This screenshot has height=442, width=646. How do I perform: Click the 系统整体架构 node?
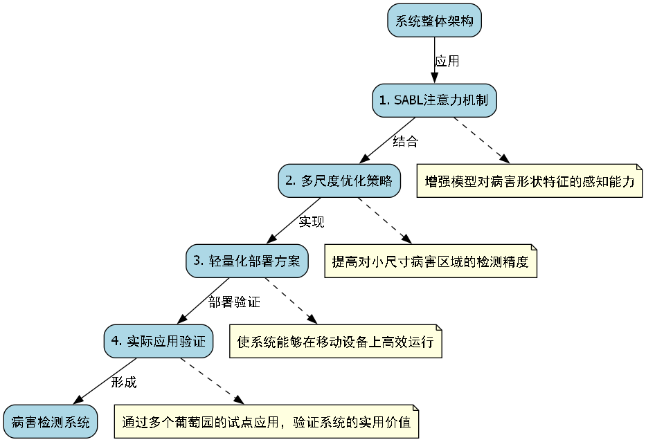pyautogui.click(x=434, y=21)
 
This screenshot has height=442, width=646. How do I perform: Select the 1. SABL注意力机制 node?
pyautogui.click(x=434, y=100)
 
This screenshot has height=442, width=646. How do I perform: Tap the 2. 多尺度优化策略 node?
pyautogui.click(x=339, y=181)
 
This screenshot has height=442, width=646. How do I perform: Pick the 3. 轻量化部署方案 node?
pyautogui.click(x=246, y=261)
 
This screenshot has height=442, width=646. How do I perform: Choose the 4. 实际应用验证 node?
pyautogui.click(x=158, y=341)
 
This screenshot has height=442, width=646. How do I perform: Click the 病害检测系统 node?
pyautogui.click(x=50, y=421)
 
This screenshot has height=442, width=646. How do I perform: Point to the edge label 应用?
pyautogui.click(x=447, y=61)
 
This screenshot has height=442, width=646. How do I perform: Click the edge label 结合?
pyautogui.click(x=405, y=141)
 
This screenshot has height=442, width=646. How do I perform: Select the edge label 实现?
pyautogui.click(x=312, y=221)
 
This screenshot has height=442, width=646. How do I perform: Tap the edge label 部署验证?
pyautogui.click(x=234, y=302)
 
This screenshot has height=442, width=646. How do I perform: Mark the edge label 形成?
pyautogui.click(x=124, y=381)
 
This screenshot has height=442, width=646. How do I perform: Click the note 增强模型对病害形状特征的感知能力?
pyautogui.click(x=530, y=181)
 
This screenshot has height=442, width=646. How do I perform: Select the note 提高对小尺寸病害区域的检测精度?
pyautogui.click(x=431, y=261)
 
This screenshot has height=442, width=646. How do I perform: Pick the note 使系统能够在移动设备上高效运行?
pyautogui.click(x=335, y=342)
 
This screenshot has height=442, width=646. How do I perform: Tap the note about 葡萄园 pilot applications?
pyautogui.click(x=267, y=421)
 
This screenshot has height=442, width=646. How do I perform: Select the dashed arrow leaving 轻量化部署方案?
pyautogui.click(x=291, y=301)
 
